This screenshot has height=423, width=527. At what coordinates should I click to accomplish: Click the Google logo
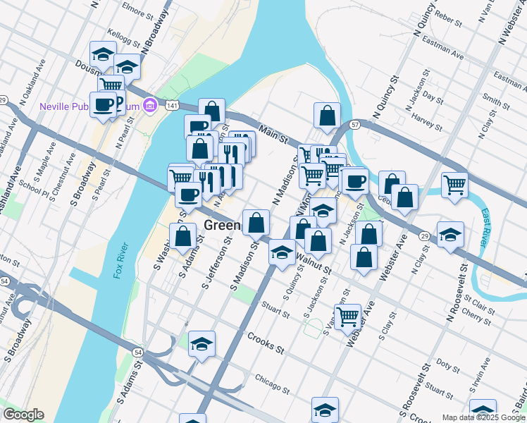(x=23, y=415)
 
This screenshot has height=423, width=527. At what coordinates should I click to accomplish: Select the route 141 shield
(x=172, y=105)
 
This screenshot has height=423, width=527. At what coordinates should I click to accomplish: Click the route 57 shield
(x=355, y=125)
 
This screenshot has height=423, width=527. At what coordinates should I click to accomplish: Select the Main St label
(x=273, y=132)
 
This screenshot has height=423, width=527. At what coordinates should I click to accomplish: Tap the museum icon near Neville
(x=149, y=106)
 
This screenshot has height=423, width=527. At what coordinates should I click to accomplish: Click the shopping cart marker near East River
(x=454, y=185)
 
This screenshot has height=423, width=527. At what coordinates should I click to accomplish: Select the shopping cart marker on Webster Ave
(x=347, y=317)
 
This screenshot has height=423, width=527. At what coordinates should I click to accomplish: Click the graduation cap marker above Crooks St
(x=201, y=343)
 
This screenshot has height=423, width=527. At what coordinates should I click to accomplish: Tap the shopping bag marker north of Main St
(x=327, y=115)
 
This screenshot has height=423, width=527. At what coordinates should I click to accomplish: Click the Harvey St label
(x=426, y=116)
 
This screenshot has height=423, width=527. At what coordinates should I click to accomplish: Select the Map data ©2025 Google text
(x=483, y=417)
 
